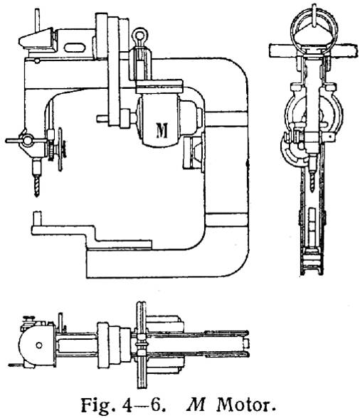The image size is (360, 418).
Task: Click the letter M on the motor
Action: tap(162, 130)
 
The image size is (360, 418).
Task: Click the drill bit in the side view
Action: tap(37, 186)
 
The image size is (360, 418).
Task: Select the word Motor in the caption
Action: tap(245, 405)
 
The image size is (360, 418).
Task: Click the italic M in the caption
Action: tap(196, 405)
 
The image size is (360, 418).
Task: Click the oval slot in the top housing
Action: tap(75, 48)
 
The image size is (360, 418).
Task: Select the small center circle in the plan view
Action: tap(39, 345)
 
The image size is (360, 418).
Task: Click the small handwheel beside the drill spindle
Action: tap(60, 149)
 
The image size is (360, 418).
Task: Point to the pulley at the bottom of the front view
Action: tap(312, 262)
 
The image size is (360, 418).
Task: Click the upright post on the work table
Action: tap(37, 219)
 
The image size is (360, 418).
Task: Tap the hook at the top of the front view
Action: tap(314, 16)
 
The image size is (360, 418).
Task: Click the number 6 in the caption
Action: tap(156, 405)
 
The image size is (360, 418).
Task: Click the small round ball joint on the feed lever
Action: tap(28, 140)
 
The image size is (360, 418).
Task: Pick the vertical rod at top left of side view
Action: tap(38, 19)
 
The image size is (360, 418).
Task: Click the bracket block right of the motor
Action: tap(194, 152)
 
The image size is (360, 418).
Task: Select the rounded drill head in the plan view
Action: tap(37, 345)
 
